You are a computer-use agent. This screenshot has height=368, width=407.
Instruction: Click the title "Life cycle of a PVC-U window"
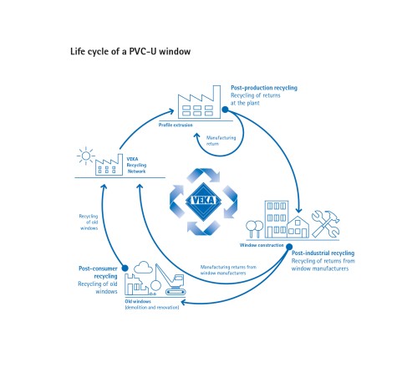point(130,52)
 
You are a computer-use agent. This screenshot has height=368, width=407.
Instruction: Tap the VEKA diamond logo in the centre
point(203,200)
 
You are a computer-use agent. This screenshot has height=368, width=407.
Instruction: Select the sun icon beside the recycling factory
point(86,156)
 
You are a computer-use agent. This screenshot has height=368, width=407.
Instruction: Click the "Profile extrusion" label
point(176,125)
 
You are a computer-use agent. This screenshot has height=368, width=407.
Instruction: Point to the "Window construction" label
point(262,245)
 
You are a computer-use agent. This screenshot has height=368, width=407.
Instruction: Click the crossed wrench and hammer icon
point(325,223)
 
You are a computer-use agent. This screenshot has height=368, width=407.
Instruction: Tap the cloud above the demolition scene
point(143,267)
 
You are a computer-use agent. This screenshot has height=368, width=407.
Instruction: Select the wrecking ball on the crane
point(155,285)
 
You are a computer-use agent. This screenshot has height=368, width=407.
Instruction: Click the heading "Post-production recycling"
point(264,88)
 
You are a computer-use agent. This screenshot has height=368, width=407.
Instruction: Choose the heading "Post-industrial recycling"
point(323,253)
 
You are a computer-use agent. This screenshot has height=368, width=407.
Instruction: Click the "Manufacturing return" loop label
point(221,141)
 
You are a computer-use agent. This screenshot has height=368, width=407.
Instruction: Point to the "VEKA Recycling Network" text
point(136,165)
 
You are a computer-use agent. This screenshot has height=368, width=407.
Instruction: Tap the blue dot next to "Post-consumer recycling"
point(125,268)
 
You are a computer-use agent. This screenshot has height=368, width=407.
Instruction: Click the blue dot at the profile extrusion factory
point(225,110)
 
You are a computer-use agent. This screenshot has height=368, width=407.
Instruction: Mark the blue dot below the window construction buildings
point(289,247)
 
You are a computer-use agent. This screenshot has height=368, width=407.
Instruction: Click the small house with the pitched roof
point(298,227)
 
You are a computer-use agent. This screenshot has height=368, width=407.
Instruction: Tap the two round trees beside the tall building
point(255,229)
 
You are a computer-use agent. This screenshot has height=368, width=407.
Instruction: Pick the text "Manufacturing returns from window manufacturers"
point(228,270)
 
